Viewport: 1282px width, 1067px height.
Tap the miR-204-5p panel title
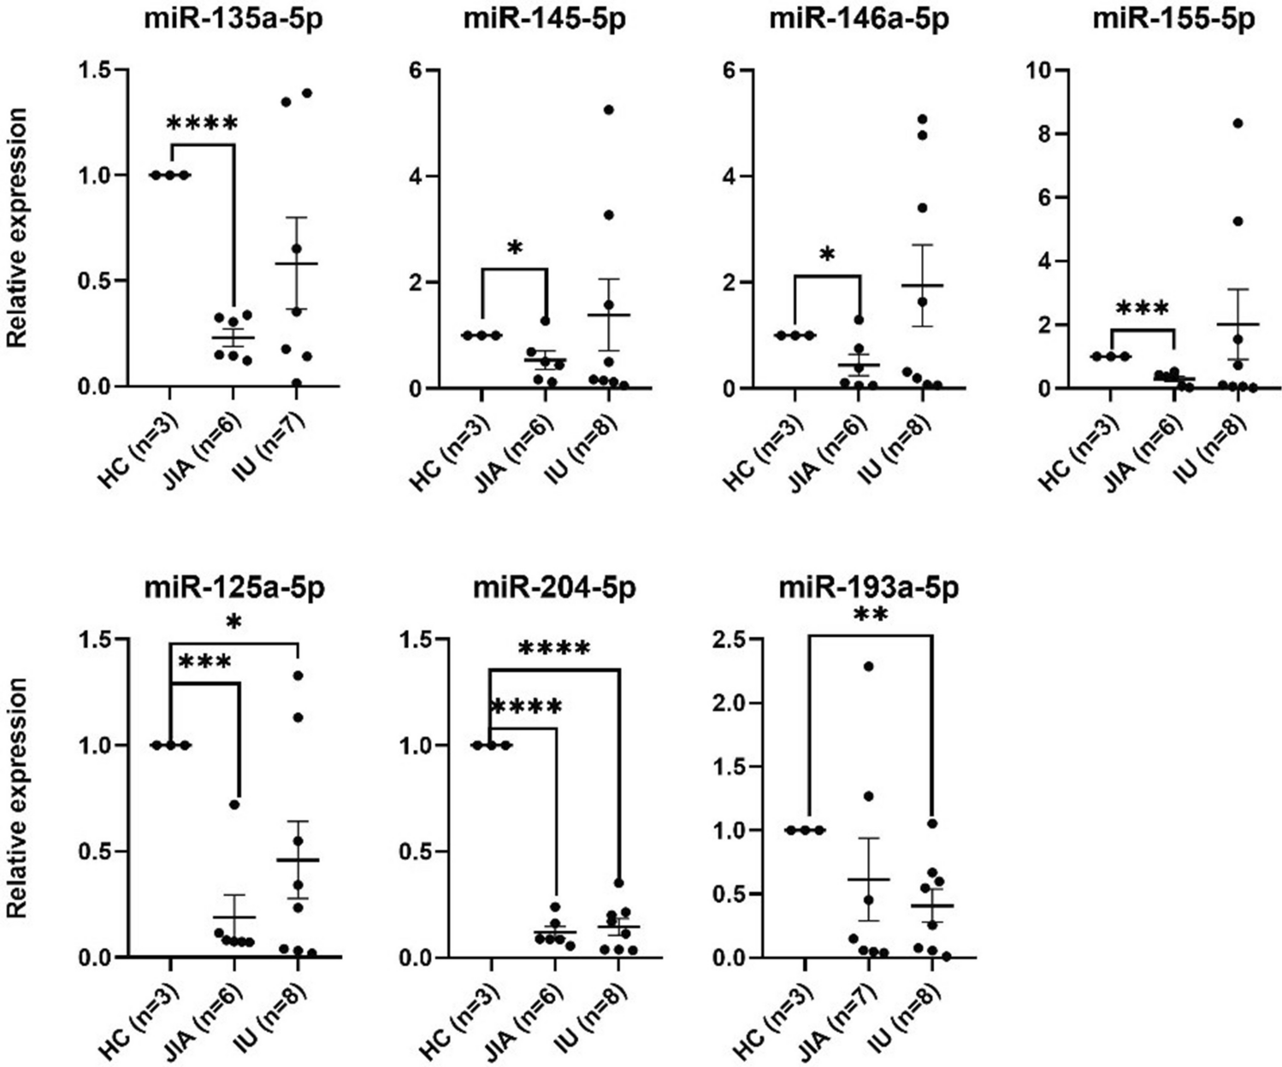tap(556, 589)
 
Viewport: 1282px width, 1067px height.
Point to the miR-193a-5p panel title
tap(868, 589)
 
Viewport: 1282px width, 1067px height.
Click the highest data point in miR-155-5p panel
tap(1237, 123)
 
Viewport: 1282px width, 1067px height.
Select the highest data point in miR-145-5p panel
tap(609, 109)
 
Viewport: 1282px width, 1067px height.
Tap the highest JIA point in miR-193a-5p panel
tap(869, 666)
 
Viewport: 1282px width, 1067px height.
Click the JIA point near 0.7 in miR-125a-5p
tap(233, 805)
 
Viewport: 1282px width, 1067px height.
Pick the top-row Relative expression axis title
tap(16, 227)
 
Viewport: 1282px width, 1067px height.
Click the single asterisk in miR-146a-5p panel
tap(827, 255)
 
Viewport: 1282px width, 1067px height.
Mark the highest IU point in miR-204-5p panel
tap(619, 883)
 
